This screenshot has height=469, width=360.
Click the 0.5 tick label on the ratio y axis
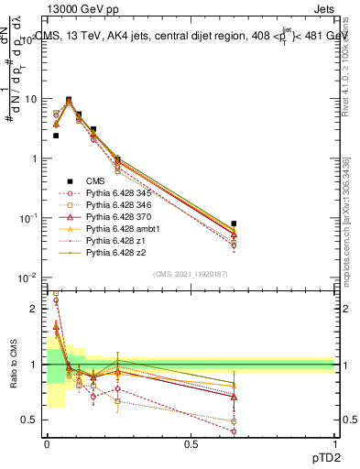(x=28, y=420)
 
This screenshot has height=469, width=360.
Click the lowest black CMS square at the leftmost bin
(x=56, y=136)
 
